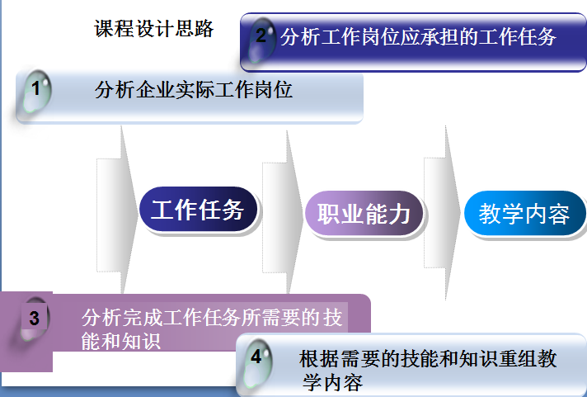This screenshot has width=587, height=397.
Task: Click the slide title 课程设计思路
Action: [x=154, y=29]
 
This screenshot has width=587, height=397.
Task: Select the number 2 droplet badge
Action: [x=261, y=40]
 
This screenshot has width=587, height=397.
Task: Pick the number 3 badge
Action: [x=34, y=319]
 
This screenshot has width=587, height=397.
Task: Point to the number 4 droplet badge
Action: [x=257, y=362]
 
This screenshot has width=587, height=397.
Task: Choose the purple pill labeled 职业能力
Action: [x=364, y=214]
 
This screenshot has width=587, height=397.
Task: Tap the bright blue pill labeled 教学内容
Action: [x=524, y=214]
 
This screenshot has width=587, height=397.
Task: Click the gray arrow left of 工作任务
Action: [x=117, y=210]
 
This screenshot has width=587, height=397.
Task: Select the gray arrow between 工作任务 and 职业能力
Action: [x=283, y=212]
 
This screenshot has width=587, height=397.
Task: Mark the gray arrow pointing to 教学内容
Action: [x=442, y=213]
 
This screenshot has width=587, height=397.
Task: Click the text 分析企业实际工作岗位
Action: [x=194, y=90]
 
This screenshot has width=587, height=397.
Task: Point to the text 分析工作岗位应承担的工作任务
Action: [x=418, y=37]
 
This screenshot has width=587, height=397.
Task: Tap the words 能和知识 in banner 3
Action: [x=121, y=341]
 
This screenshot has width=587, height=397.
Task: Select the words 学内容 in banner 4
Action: [x=333, y=382]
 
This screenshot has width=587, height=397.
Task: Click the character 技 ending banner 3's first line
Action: [x=333, y=318]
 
